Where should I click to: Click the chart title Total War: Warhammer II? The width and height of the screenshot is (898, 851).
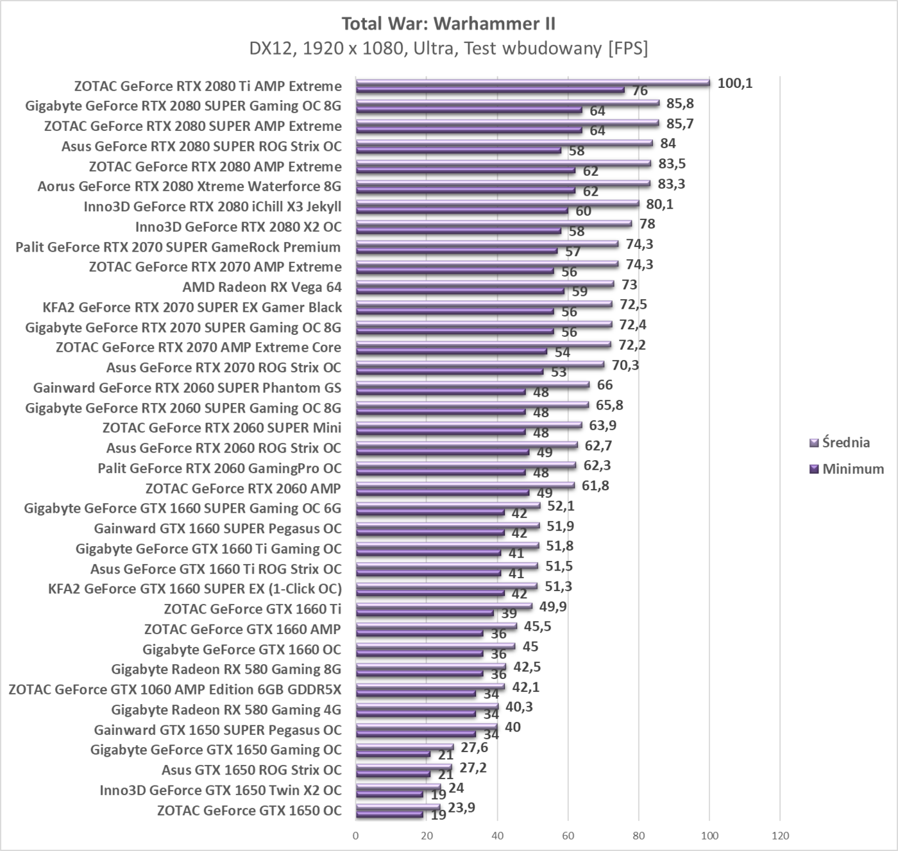click(448, 24)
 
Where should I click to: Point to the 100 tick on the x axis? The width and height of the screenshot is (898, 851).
click(709, 836)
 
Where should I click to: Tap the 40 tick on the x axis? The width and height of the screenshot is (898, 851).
click(497, 836)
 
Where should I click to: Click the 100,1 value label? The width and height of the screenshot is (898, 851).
click(734, 83)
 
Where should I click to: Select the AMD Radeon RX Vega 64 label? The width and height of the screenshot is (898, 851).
click(262, 287)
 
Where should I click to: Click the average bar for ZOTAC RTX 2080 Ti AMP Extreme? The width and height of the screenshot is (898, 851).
click(532, 82)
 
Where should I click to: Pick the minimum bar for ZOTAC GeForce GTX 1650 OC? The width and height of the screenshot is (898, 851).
click(389, 814)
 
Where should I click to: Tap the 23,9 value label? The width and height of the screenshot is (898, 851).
click(462, 807)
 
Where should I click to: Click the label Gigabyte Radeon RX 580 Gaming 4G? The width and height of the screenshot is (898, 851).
click(226, 709)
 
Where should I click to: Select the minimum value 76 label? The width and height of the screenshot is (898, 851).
click(640, 91)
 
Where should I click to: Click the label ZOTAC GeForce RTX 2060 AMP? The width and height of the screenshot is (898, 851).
click(243, 488)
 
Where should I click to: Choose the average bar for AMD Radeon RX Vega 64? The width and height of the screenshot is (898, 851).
click(484, 283)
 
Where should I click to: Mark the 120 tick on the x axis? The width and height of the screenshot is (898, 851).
click(779, 836)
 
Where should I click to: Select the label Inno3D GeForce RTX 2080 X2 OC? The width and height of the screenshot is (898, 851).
click(238, 227)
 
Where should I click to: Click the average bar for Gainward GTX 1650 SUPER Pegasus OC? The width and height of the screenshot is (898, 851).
click(427, 726)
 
